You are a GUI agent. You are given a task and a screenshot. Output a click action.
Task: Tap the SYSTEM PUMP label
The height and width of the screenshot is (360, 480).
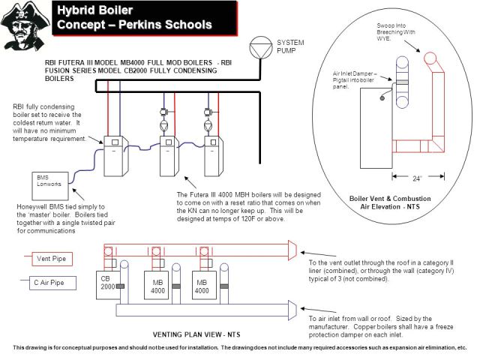(291, 46)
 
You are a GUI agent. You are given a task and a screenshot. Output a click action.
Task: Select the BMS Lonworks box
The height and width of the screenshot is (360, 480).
(51, 181)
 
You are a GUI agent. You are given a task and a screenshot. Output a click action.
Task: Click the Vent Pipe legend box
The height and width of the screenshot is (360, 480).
(53, 259)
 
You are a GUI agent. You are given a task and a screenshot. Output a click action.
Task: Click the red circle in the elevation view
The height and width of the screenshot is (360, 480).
(432, 58)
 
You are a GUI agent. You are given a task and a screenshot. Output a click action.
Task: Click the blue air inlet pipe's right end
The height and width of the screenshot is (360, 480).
(292, 307)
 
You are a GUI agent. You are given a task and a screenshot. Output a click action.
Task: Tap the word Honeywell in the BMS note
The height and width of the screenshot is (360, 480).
(31, 205)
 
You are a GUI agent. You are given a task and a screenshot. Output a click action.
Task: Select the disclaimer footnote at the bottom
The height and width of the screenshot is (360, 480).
(240, 348)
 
